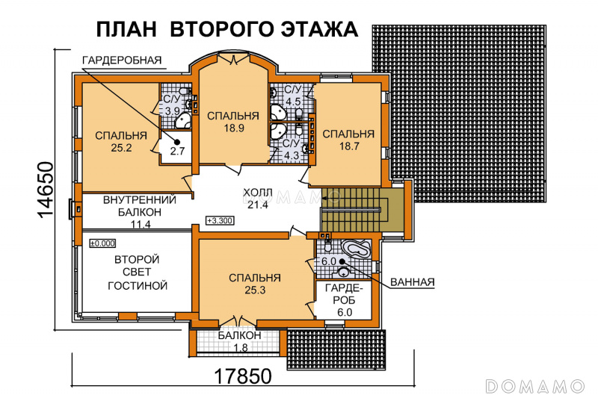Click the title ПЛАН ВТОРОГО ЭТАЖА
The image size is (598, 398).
[x=227, y=29]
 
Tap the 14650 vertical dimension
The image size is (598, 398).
[x=46, y=189]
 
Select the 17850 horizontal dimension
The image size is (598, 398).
[x=243, y=376]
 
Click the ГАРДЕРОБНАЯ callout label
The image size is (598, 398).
[x=122, y=60]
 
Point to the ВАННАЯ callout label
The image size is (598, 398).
[x=413, y=282]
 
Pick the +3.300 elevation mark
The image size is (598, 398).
[x=220, y=220]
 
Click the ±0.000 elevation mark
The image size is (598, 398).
[x=102, y=243]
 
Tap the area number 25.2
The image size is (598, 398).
[x=121, y=148]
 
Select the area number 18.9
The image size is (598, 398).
[x=234, y=128]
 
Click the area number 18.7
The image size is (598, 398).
[x=349, y=146]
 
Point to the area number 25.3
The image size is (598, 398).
[x=255, y=290]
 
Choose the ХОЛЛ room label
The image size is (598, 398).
[x=258, y=193]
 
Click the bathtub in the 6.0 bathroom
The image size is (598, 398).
[x=357, y=249]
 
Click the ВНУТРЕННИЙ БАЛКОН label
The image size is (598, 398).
[x=140, y=205]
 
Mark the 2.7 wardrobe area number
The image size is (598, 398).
[x=177, y=151]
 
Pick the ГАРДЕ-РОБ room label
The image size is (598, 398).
[x=344, y=294]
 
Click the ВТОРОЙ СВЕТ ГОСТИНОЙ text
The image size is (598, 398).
[x=138, y=273]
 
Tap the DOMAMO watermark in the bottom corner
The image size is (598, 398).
[x=534, y=386]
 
